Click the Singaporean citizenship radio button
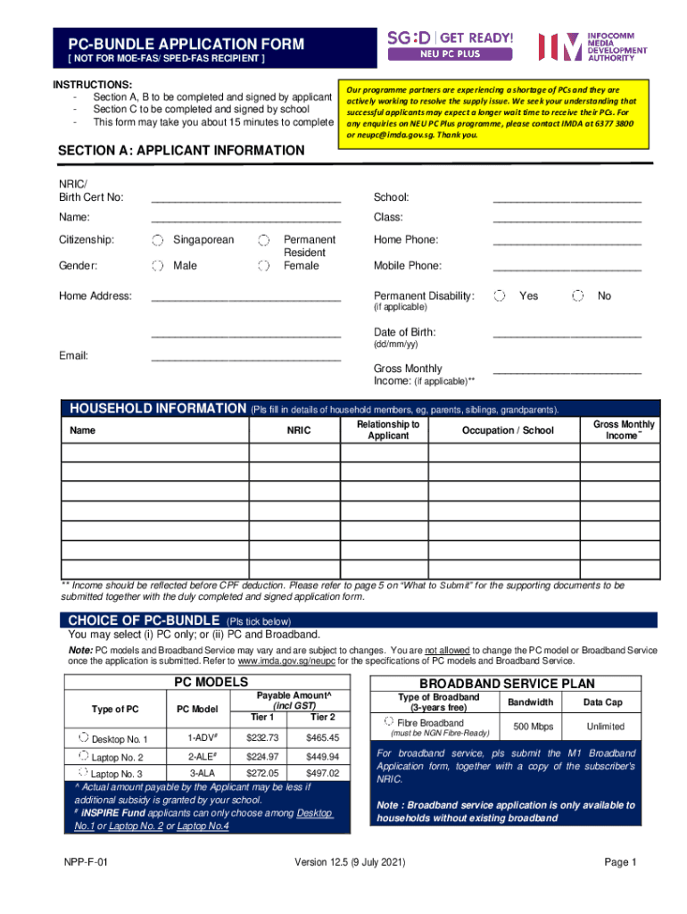[x=157, y=240]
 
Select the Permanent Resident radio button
[x=263, y=240]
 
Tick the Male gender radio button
[x=157, y=266]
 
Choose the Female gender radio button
[x=263, y=266]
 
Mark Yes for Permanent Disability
[x=501, y=295]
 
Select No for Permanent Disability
[x=578, y=295]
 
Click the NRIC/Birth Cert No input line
[x=245, y=196]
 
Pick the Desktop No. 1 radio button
[x=83, y=738]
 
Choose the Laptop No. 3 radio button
[x=83, y=772]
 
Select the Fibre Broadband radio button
[x=389, y=721]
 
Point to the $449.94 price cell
[x=322, y=756]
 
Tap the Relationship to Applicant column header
[x=388, y=430]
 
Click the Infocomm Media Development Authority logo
[x=592, y=47]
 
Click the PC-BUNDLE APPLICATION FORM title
[x=179, y=44]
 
